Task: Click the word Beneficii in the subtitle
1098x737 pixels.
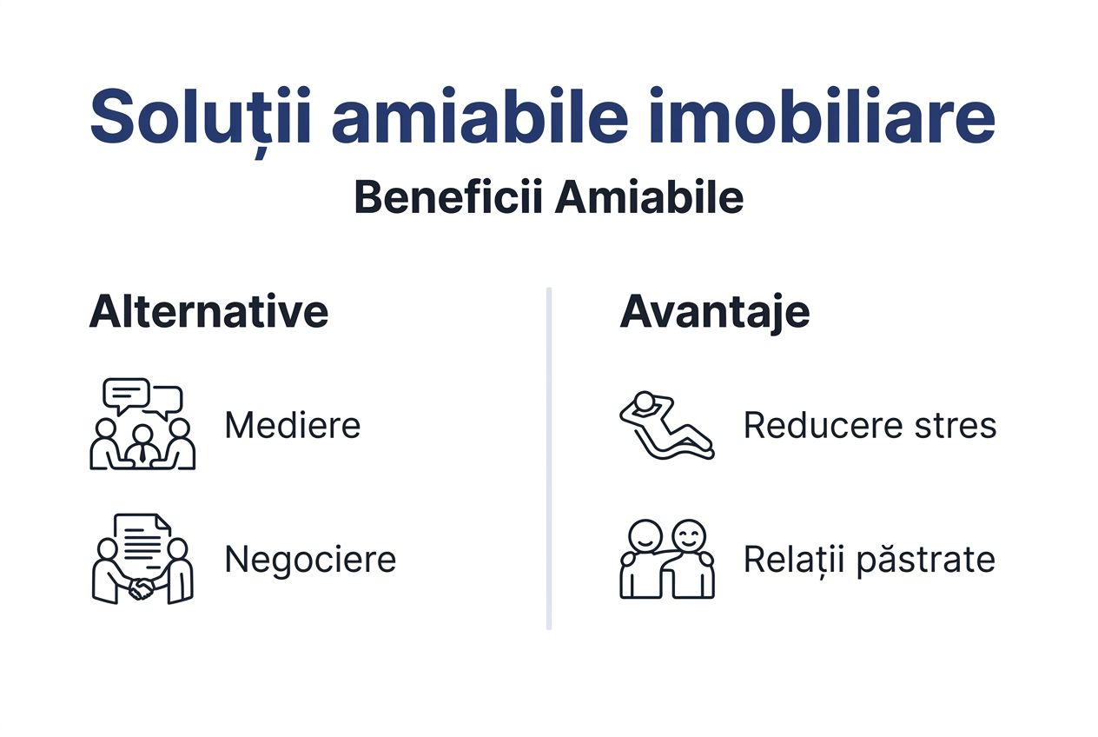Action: [448, 198]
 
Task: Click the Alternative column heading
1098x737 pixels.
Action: [208, 311]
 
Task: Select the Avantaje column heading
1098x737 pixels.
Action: [714, 311]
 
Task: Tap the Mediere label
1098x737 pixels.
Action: [292, 426]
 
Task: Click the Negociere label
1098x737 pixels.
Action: [310, 559]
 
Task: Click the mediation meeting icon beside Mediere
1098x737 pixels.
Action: [142, 425]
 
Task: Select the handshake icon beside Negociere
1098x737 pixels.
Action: [142, 559]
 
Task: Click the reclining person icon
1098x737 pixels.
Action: [666, 425]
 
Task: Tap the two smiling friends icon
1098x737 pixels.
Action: [667, 559]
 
